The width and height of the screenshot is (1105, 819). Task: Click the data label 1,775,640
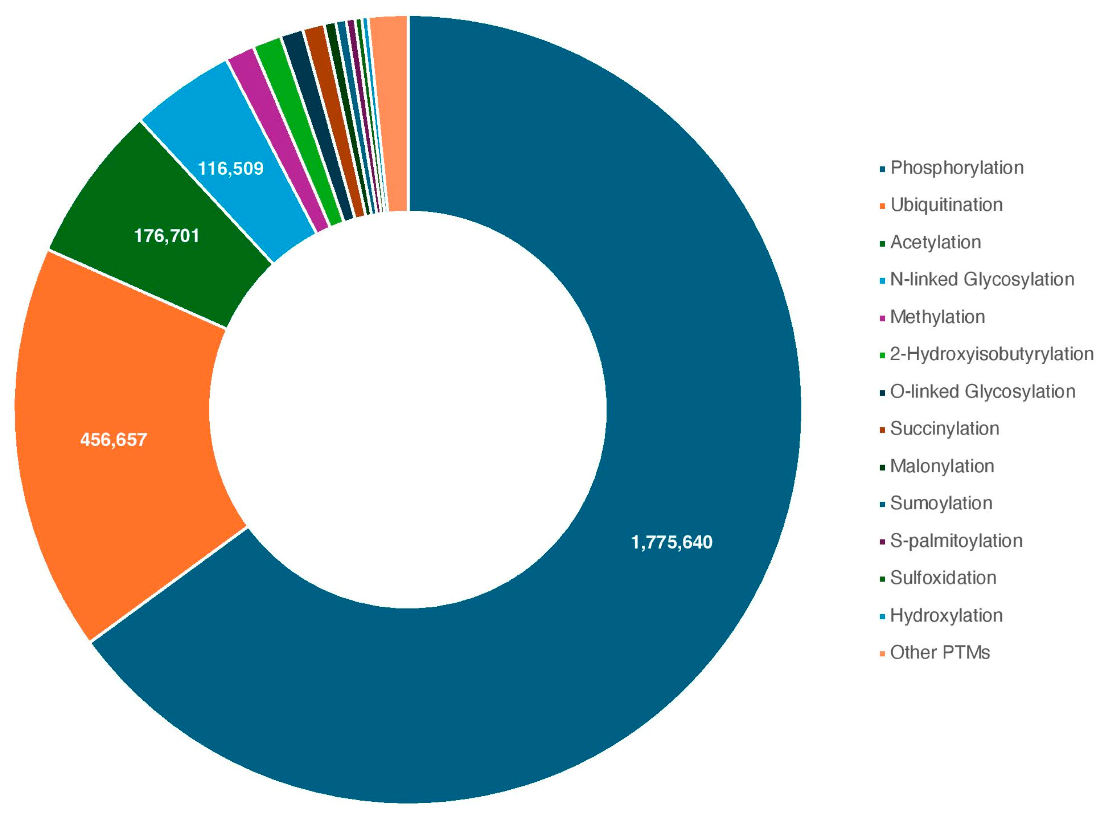pos(671,542)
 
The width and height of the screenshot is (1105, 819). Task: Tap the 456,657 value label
pos(113,440)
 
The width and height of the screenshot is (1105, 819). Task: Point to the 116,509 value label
pos(230,168)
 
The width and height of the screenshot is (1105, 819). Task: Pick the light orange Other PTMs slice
pos(394,109)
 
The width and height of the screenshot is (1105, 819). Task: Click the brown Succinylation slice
pos(337,119)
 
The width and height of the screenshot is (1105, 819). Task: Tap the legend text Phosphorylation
pos(956,168)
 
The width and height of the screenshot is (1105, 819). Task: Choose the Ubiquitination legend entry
pos(946,205)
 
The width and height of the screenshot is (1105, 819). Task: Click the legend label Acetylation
pos(935,242)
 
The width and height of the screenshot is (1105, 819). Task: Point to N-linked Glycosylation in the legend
pos(982,280)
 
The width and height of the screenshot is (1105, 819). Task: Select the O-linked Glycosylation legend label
pos(982,392)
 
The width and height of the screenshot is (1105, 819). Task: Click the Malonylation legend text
pos(941,466)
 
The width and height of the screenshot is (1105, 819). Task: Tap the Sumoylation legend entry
pos(941,504)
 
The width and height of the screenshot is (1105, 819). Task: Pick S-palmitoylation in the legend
pos(956,541)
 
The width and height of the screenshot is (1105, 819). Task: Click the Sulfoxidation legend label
pos(943,578)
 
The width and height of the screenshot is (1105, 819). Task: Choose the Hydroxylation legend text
pos(946,616)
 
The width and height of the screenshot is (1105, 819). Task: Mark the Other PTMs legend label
pos(939,653)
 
